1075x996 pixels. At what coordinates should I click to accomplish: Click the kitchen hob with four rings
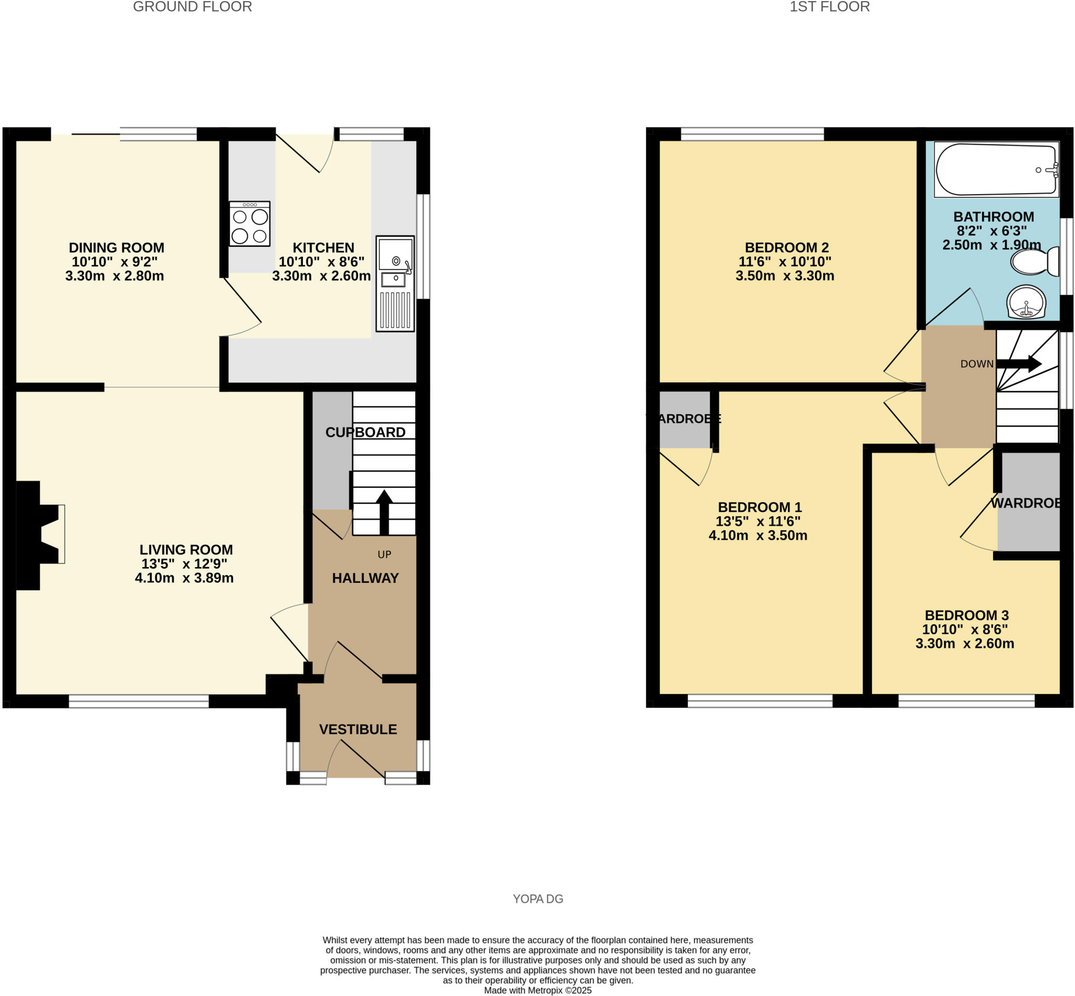(249, 224)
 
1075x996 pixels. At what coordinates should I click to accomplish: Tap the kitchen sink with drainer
(395, 284)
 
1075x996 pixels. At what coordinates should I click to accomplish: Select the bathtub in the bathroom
(996, 169)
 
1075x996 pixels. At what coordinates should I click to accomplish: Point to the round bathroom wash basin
(1026, 302)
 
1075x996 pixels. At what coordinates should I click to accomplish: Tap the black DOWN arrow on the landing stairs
(1018, 363)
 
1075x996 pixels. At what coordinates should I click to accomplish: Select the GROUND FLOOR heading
(192, 7)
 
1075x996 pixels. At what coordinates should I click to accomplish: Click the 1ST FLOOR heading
(829, 7)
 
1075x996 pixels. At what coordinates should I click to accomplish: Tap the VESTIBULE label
(358, 729)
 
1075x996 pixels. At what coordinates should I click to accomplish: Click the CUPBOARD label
(365, 432)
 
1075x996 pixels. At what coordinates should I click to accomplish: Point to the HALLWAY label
(365, 578)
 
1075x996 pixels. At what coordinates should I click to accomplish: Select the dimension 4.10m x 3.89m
(184, 578)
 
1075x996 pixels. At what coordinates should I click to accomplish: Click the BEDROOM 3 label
(967, 615)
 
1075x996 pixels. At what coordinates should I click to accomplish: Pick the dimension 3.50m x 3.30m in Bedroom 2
(785, 276)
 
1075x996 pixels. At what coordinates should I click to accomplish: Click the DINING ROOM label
(117, 247)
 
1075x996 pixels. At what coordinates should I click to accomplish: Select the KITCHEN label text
(323, 247)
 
